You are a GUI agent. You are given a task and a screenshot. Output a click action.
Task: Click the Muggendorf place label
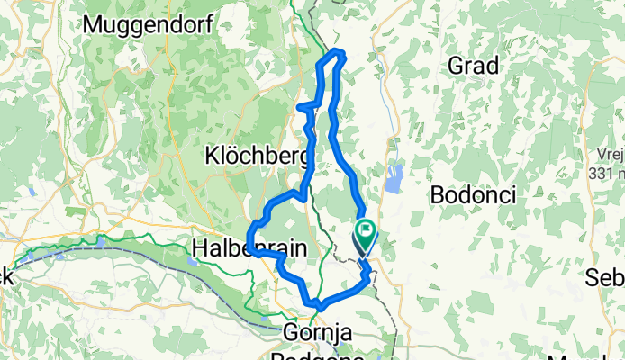(149, 25)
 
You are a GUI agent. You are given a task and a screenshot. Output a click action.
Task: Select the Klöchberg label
(258, 155)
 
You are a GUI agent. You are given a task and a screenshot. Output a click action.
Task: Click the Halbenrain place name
(249, 247)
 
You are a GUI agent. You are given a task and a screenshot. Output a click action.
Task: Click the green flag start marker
(365, 235)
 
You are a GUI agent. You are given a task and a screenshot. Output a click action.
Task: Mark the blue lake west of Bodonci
(394, 178)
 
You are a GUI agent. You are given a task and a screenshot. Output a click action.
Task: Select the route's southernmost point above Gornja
(318, 307)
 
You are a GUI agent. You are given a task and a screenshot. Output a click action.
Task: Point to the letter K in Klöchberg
(213, 155)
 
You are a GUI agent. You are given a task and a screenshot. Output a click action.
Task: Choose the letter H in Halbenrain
(199, 247)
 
